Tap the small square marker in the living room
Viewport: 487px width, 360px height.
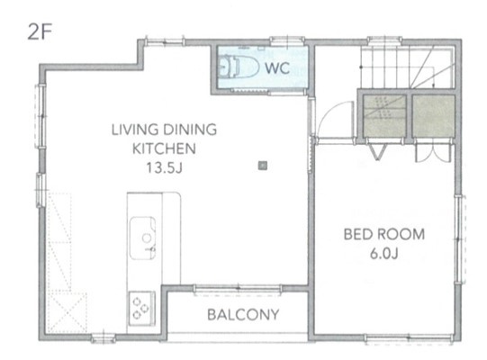262,165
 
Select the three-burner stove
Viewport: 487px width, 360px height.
141,308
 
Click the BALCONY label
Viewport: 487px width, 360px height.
243,315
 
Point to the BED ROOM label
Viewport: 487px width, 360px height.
384,235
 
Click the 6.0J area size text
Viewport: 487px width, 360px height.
384,254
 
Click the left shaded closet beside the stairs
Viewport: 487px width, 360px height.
382,117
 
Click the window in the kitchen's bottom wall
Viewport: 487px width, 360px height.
103,339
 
